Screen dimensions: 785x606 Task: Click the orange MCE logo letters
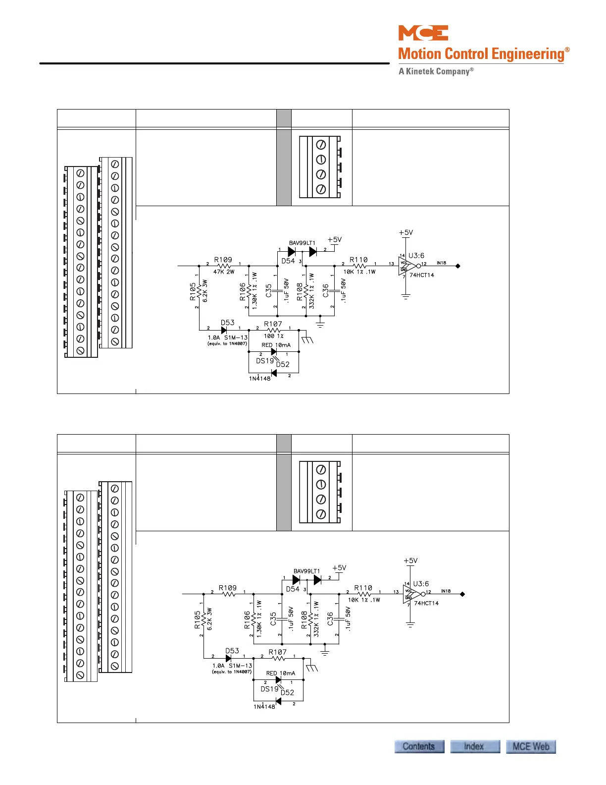pos(423,33)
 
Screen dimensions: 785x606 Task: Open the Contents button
pos(419,746)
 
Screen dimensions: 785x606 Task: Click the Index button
pos(474,746)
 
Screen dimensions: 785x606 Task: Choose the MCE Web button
pos(531,746)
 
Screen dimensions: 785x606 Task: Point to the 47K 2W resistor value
pos(224,272)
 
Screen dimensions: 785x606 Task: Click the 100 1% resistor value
pos(273,336)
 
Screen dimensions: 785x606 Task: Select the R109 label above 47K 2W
pos(223,260)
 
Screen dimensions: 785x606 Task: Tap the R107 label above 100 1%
pos(273,324)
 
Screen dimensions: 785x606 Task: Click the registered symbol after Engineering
pos(567,50)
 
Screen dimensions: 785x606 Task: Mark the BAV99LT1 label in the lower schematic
pos(306,571)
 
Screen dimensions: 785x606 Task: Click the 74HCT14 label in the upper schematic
pos(421,275)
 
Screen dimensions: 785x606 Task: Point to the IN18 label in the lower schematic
pos(446,591)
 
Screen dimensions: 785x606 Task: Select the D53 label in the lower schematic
pos(232,651)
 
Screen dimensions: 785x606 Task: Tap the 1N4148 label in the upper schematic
pos(260,379)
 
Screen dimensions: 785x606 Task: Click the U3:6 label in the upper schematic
pos(416,256)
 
